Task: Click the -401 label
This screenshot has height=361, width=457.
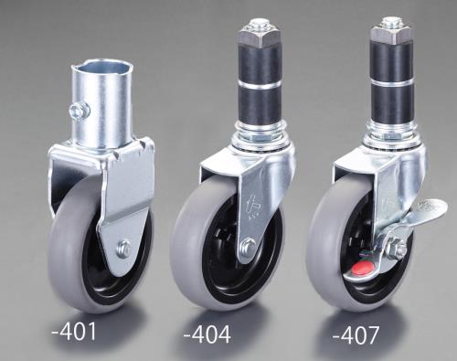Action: (74, 331)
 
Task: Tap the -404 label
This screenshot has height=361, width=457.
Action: (207, 334)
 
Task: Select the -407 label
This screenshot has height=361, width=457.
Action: (356, 335)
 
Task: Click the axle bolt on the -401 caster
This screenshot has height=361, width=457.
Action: (124, 249)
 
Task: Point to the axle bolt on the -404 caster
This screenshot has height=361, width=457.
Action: (249, 247)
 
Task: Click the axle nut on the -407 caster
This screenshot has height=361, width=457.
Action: (395, 247)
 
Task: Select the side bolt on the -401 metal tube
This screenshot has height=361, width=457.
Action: (80, 111)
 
